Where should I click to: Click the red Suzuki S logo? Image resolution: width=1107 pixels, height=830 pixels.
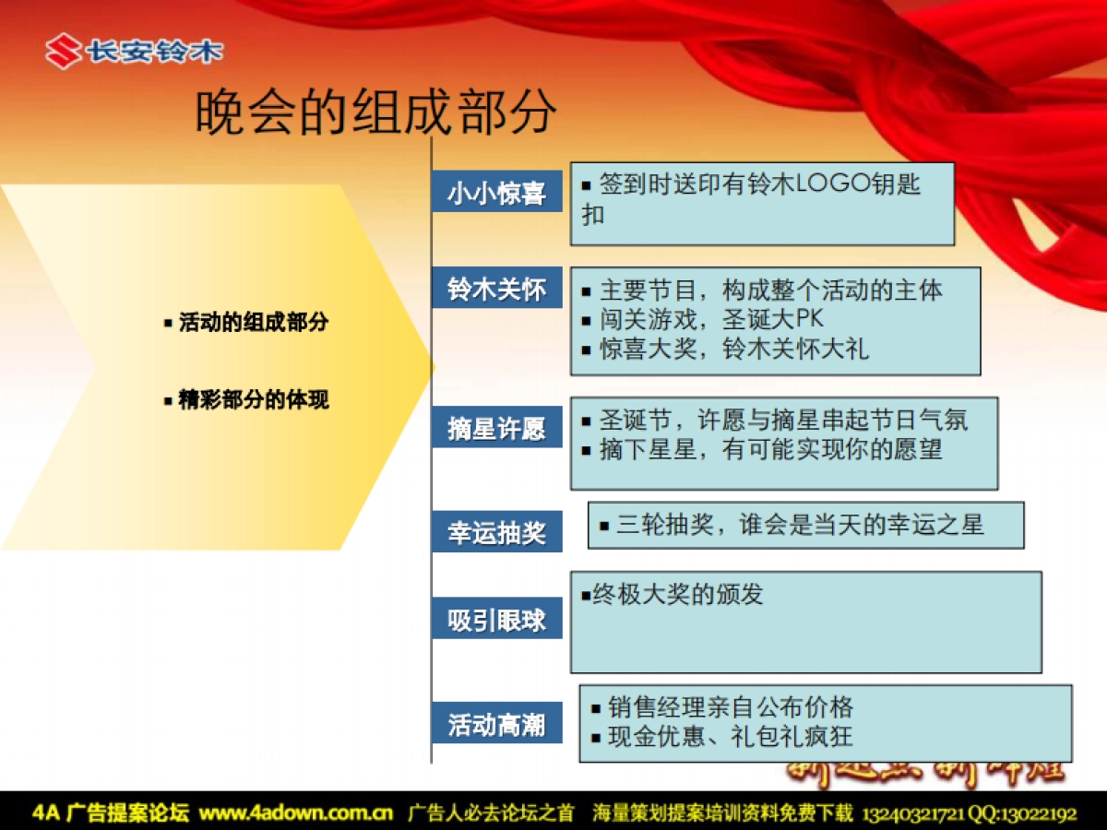[63, 52]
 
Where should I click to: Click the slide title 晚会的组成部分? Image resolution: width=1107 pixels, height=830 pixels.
[376, 113]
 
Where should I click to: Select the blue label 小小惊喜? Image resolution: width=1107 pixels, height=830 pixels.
[496, 194]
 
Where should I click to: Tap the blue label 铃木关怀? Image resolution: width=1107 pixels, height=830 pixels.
[496, 290]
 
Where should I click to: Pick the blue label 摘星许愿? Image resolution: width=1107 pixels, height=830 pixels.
[496, 430]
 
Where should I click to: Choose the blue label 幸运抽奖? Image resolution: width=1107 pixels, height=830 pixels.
[496, 533]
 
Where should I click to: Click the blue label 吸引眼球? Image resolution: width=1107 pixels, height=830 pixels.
[496, 621]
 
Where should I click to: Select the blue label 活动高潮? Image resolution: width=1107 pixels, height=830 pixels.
[496, 725]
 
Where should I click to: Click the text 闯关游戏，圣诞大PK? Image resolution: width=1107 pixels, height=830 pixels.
[710, 320]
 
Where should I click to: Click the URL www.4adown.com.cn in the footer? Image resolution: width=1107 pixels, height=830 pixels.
[296, 813]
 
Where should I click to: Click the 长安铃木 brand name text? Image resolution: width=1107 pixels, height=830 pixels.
[154, 52]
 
